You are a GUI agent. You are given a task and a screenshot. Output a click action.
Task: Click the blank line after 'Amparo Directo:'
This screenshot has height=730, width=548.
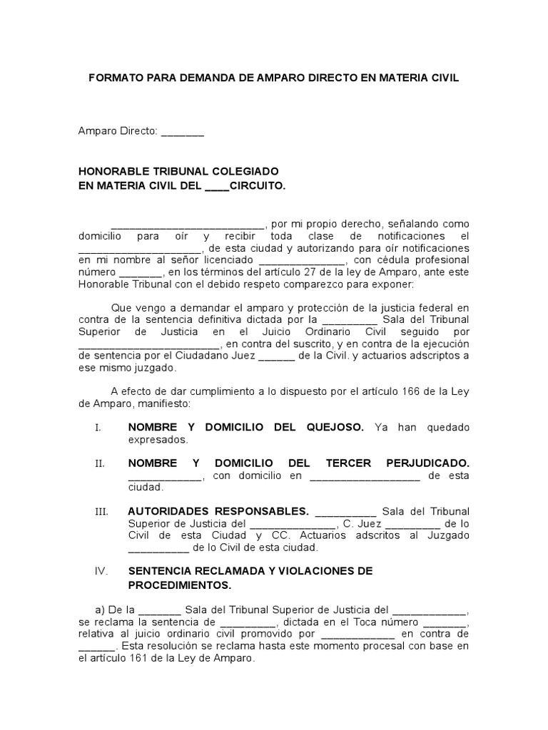pos(183,133)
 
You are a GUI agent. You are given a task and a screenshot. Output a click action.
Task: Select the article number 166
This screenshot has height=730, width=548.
pos(388,391)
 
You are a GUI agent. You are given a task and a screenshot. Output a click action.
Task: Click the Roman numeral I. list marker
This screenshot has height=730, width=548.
pos(98,428)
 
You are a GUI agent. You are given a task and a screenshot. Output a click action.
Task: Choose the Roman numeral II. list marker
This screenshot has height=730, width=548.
pos(99,463)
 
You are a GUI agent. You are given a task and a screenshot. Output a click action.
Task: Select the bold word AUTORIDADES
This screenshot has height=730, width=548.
pos(168,511)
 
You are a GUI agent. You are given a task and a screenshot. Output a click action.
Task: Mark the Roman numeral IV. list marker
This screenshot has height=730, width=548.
pos(101,572)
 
